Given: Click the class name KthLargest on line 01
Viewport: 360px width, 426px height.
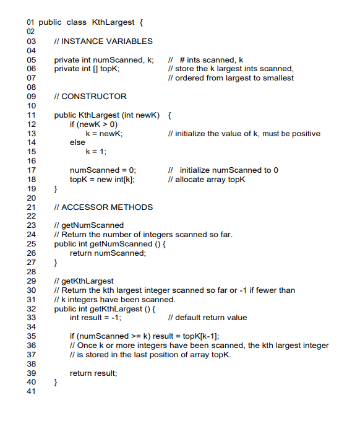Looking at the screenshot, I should pyautogui.click(x=113, y=23).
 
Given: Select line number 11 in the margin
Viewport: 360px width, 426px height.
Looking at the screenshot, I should pyautogui.click(x=30, y=115).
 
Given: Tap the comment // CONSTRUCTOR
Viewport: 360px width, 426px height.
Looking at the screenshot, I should pyautogui.click(x=90, y=97).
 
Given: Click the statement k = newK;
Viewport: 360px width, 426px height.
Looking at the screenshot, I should pyautogui.click(x=104, y=134).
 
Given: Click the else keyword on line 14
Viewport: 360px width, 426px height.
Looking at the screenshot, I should pyautogui.click(x=77, y=142).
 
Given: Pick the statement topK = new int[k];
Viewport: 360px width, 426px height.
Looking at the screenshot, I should pyautogui.click(x=102, y=180).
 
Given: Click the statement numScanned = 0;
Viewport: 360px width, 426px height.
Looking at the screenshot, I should pyautogui.click(x=103, y=170).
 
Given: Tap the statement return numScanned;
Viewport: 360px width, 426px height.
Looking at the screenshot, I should pyautogui.click(x=108, y=253).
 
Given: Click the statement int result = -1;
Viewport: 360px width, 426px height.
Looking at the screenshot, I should pyautogui.click(x=95, y=318).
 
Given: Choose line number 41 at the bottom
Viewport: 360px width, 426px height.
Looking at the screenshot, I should pyautogui.click(x=30, y=392).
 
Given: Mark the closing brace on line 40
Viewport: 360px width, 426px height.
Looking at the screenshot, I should pyautogui.click(x=56, y=383).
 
